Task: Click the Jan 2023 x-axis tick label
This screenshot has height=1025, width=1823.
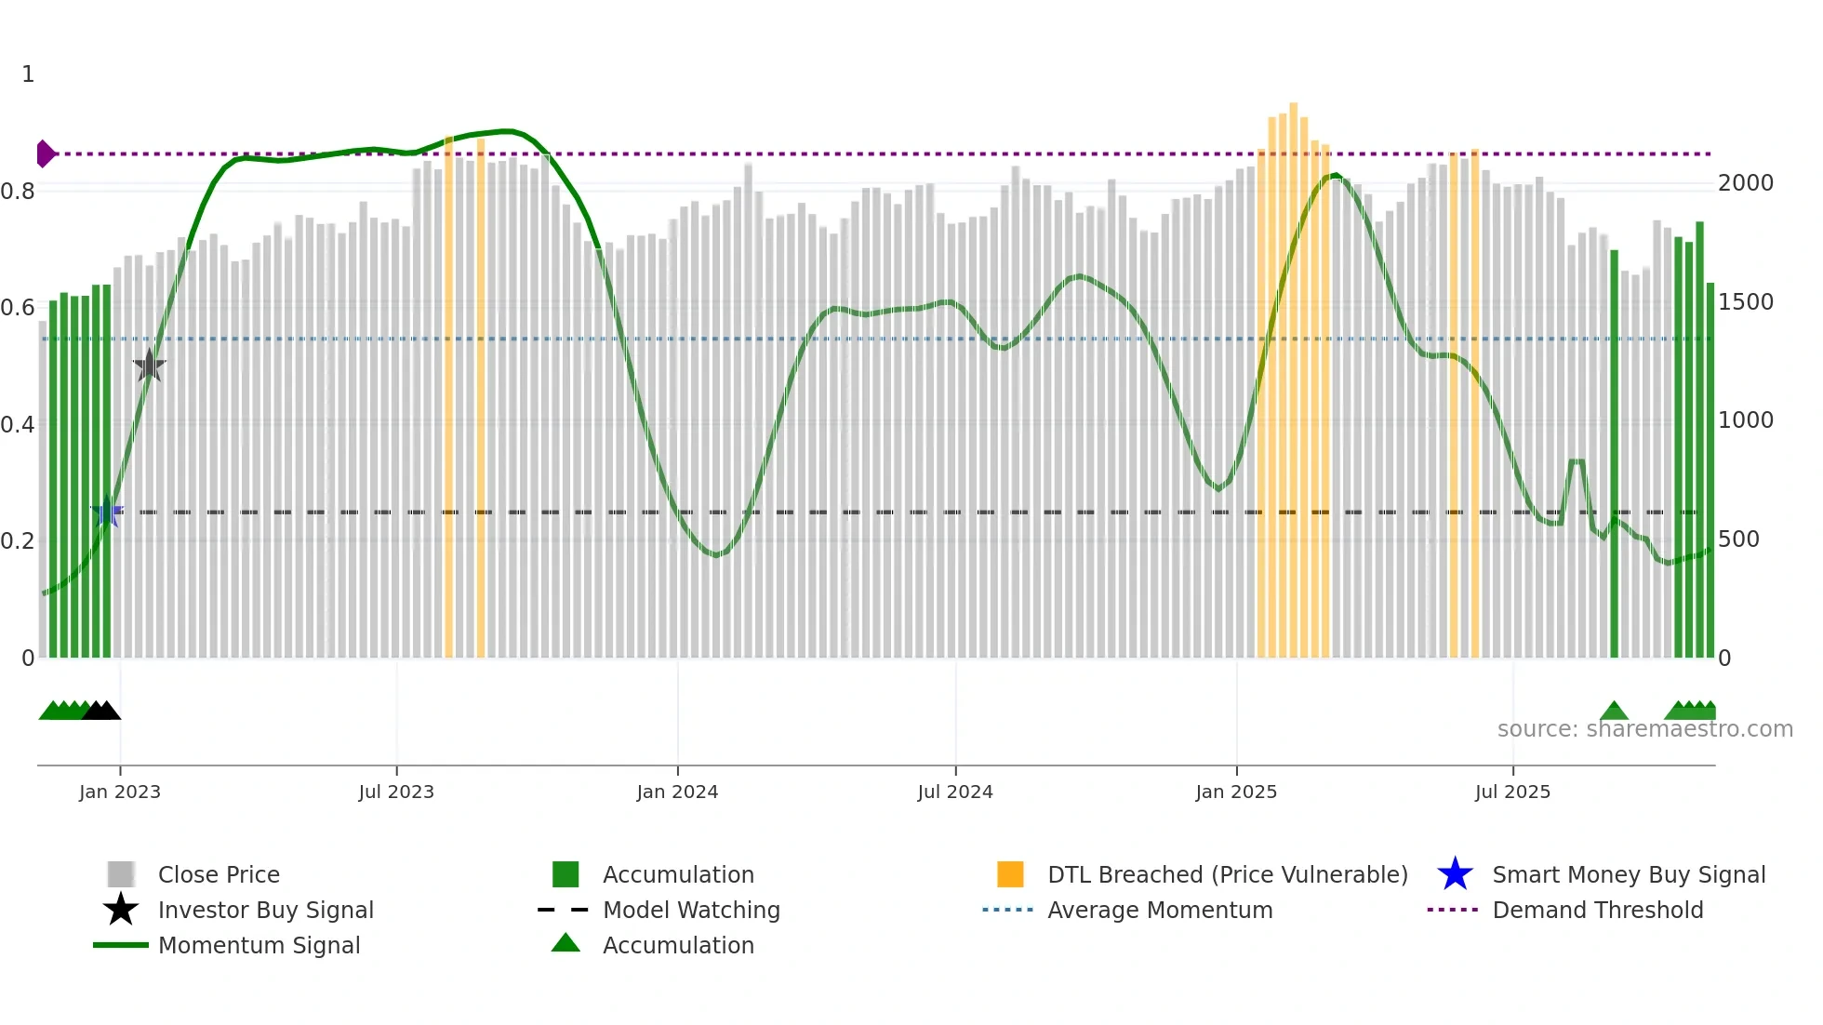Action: [x=120, y=792]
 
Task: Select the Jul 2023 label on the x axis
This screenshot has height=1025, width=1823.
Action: [x=396, y=792]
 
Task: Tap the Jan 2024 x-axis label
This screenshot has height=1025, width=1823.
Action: [x=677, y=792]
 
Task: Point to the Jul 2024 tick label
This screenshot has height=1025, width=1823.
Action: [x=955, y=792]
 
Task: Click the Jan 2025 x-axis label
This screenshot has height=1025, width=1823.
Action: [x=1236, y=792]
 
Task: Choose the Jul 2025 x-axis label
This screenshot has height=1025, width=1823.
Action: [x=1512, y=792]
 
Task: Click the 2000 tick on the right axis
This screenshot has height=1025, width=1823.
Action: [x=1746, y=183]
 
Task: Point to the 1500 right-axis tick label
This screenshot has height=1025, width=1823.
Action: [x=1746, y=302]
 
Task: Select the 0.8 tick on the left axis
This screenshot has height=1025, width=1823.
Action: [x=18, y=192]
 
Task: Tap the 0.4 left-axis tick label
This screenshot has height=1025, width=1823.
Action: [x=18, y=425]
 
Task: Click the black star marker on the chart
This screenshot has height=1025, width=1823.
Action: [x=149, y=366]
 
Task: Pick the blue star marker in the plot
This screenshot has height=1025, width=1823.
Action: [x=107, y=512]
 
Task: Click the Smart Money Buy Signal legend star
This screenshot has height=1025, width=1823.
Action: [x=1455, y=874]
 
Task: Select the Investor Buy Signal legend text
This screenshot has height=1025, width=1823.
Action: [x=266, y=910]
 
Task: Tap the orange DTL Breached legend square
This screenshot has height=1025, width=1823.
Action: [x=1010, y=874]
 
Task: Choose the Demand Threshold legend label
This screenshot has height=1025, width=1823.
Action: [x=1598, y=910]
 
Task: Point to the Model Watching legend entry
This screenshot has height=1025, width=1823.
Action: [x=691, y=910]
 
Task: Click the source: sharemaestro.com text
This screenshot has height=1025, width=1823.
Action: [x=1645, y=729]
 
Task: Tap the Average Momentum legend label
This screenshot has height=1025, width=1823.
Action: [x=1160, y=910]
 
